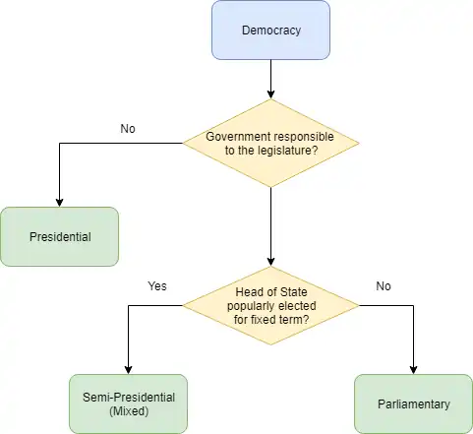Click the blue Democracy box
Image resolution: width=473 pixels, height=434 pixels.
270,30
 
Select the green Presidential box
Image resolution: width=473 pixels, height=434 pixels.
59,236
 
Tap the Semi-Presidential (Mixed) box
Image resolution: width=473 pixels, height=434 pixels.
128,403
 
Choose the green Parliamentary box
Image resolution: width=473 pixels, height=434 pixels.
413,403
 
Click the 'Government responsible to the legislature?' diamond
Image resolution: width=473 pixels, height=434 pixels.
270,143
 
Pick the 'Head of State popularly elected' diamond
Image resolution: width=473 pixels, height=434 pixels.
270,305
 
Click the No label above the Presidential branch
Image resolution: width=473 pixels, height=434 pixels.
128,129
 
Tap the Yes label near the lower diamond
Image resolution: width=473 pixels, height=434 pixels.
157,286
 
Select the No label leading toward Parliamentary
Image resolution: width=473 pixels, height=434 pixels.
384,286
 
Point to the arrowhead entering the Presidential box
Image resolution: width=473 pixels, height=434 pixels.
59,203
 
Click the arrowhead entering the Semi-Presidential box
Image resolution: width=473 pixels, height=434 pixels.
128,370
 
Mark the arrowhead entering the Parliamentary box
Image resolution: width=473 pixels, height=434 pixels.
413,370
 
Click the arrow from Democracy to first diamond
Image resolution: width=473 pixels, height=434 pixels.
270,79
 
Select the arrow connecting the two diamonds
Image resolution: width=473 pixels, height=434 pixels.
270,226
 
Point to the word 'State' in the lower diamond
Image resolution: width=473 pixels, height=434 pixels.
294,292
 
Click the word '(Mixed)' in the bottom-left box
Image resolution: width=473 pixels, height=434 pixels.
129,411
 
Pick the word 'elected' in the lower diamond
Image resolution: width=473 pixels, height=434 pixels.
297,306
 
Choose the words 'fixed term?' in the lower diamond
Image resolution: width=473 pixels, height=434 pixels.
279,319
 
